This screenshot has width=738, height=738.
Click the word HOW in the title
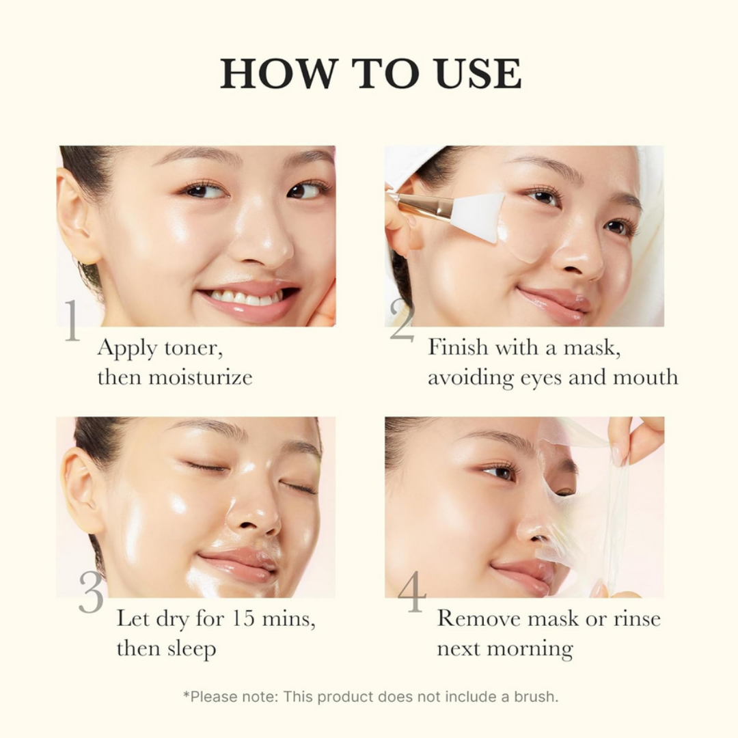point(279,74)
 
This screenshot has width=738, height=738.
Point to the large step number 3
point(91,592)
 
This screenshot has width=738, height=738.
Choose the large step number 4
point(411,592)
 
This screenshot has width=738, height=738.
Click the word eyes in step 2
point(538,378)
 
